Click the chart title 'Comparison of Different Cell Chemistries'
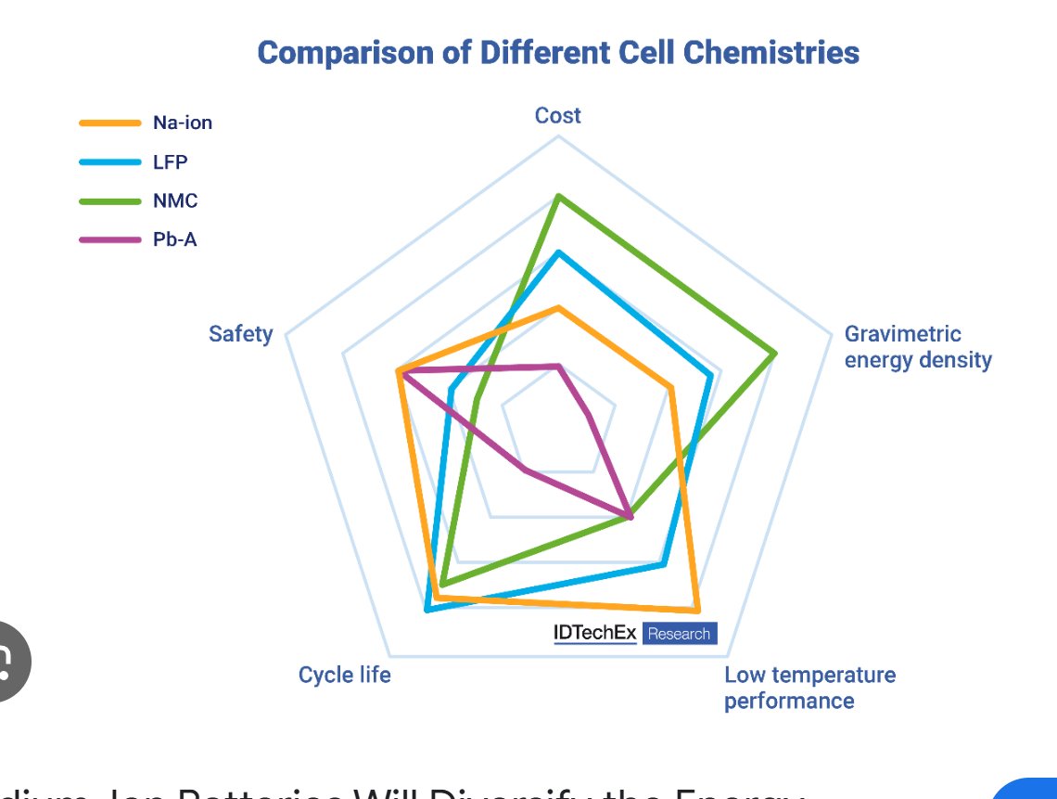558,52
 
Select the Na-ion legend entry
183,122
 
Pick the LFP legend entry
170,161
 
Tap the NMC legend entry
175,200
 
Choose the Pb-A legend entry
175,239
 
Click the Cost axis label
558,116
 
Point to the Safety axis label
241,333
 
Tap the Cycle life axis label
345,675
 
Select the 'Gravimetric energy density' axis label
918,347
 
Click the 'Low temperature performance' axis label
809,688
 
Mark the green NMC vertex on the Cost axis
558,196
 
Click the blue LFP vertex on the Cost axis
558,251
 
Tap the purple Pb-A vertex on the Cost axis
558,367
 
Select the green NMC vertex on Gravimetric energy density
774,354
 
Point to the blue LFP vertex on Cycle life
427,610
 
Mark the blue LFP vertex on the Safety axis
451,390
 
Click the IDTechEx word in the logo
594,634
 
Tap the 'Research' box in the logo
680,634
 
